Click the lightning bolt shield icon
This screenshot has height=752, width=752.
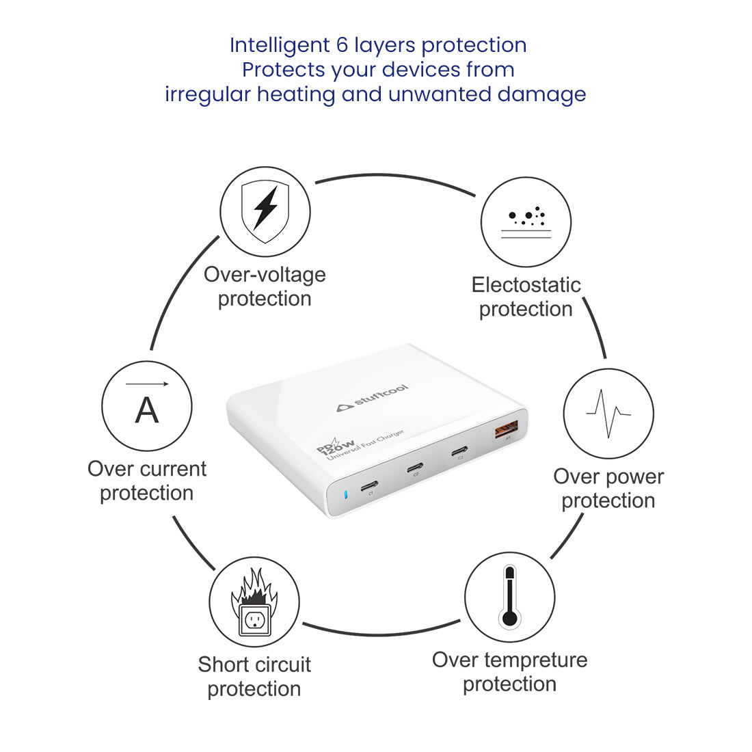265,211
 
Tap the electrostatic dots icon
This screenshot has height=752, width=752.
526,222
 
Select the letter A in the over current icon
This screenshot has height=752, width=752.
147,410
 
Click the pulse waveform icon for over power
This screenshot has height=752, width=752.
608,414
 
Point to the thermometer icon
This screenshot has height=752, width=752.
510,597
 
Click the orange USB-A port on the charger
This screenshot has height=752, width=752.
507,428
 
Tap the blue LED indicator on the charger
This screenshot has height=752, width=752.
346,494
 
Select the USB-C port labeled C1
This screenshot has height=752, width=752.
369,486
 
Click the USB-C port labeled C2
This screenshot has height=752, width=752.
415,467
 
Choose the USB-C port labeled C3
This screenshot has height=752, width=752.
459,451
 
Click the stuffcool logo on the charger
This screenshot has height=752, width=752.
372,398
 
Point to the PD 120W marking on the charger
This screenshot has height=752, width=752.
335,446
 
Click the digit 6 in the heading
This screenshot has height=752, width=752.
342,45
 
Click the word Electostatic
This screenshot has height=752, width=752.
526,285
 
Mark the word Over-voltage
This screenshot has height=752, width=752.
265,275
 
